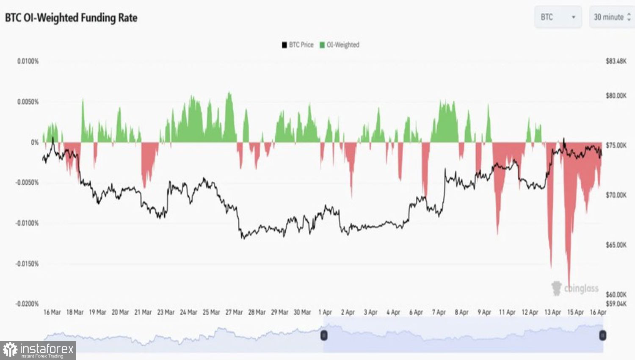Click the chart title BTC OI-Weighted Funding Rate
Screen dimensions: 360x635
click(71, 18)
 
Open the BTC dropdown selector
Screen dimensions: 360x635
click(558, 17)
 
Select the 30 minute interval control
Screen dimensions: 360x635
click(612, 17)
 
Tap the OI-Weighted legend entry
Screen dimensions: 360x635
click(340, 45)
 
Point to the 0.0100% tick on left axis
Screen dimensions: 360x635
click(28, 61)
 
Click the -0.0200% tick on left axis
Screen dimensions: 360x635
click(27, 304)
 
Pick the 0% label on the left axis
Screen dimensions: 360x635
click(35, 142)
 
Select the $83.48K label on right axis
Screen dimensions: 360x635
click(616, 61)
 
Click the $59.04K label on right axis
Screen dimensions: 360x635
click(616, 304)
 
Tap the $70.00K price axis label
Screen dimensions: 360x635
click(616, 195)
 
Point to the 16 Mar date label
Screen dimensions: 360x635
click(52, 312)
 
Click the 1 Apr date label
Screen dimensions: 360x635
click(325, 312)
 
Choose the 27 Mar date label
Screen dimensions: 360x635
click(234, 312)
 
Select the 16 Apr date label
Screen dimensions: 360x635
click(598, 312)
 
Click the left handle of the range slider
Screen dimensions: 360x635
click(324, 335)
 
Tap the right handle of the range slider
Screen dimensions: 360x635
click(602, 335)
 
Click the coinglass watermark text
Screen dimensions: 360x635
click(581, 289)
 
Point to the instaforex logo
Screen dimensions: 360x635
click(38, 350)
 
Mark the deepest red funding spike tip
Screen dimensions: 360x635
click(569, 283)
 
